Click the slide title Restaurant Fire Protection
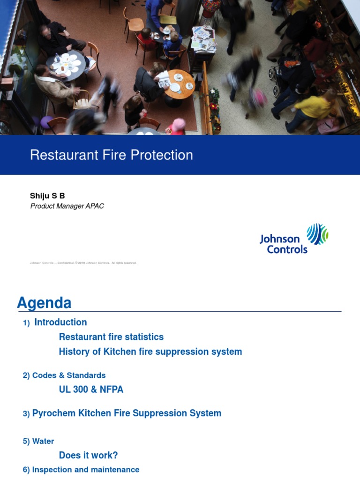(x=112, y=155)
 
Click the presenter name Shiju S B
(x=47, y=196)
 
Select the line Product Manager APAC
(x=67, y=206)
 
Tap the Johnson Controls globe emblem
(x=317, y=234)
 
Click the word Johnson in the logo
(x=280, y=239)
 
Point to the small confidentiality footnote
(x=83, y=263)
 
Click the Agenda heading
(x=44, y=303)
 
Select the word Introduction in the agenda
(x=60, y=322)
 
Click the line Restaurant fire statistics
(x=111, y=337)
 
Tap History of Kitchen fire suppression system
(x=150, y=352)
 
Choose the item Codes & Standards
(x=64, y=375)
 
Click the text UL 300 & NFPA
(x=91, y=390)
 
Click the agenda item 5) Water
(x=38, y=442)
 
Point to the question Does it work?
(x=88, y=455)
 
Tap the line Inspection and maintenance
(x=81, y=470)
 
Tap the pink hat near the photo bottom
(x=179, y=124)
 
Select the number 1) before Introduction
(x=26, y=323)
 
